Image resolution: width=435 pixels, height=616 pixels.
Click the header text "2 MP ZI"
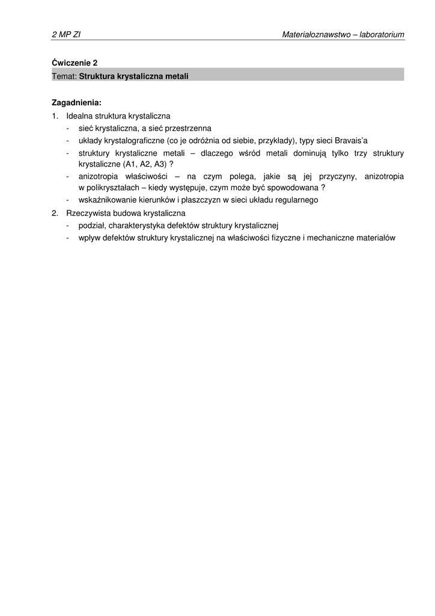66,35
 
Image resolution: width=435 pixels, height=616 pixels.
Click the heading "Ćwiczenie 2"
75,62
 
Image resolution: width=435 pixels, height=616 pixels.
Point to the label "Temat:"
64,76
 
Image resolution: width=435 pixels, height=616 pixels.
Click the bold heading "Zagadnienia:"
76,102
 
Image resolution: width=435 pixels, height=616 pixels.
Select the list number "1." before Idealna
55,115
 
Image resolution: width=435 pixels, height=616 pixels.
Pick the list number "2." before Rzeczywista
55,213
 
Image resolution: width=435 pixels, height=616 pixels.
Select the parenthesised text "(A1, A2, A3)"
145,164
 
